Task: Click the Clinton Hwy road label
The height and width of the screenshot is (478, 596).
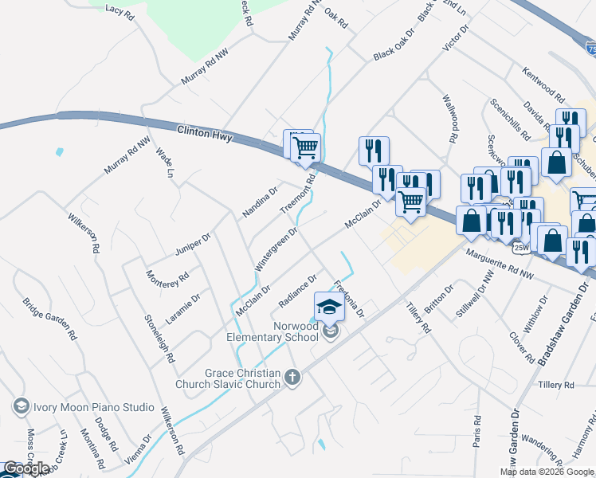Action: click(x=205, y=133)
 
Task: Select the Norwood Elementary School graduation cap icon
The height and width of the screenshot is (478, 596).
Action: click(x=328, y=306)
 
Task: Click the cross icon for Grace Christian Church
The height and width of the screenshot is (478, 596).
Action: click(x=292, y=377)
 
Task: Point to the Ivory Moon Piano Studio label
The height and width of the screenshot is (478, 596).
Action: click(x=93, y=407)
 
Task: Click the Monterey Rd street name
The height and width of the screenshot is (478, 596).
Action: click(x=167, y=280)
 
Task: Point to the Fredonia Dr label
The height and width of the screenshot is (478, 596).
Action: click(x=349, y=296)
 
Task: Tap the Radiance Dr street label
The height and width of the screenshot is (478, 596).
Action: click(x=298, y=290)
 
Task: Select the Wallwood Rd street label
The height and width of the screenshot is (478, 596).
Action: click(x=449, y=119)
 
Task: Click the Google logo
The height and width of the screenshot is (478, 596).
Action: click(x=26, y=468)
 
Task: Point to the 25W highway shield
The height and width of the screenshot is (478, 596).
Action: click(x=521, y=248)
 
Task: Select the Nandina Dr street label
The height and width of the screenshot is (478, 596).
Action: click(x=260, y=202)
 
